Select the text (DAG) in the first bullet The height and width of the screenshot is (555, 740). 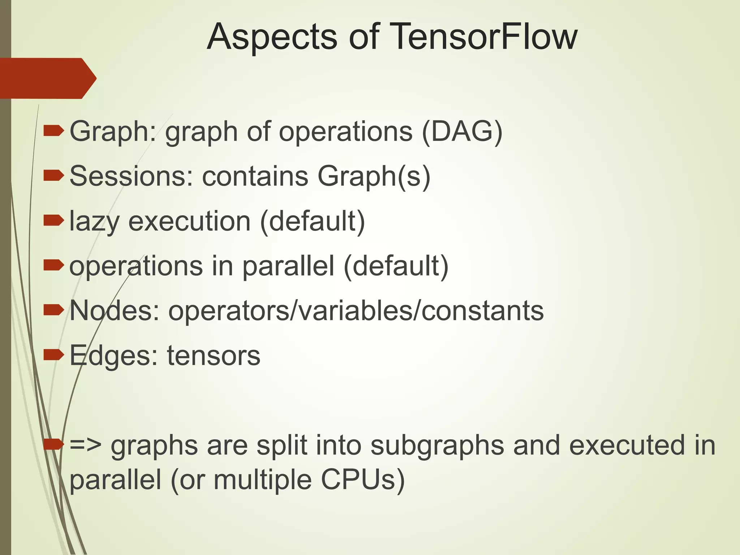462,132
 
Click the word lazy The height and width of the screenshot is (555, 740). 94,221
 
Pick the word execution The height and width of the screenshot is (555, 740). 189,221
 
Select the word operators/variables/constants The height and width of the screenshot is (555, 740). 356,310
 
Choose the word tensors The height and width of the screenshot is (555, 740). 213,356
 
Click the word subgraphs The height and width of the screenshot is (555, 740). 437,446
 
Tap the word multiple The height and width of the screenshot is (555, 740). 262,481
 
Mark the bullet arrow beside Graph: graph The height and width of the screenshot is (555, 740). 53,131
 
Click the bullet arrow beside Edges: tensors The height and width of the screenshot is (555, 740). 53,355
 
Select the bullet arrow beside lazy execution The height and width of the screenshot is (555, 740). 53,220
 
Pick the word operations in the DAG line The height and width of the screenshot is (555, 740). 345,132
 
